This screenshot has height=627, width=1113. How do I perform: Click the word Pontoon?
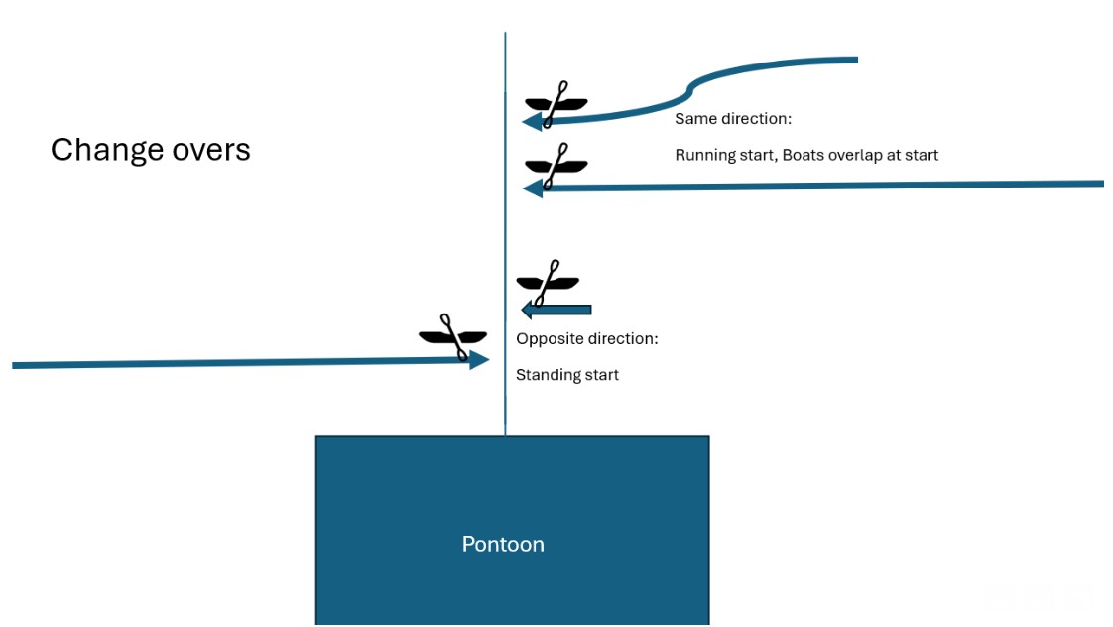click(x=503, y=544)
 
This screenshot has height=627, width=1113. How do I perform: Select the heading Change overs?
click(x=150, y=149)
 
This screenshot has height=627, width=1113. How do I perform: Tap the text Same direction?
click(x=733, y=119)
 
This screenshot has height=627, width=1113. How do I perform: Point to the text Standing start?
click(x=567, y=375)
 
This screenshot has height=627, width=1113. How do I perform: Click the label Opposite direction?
click(x=587, y=339)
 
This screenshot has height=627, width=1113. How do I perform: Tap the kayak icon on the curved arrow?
click(x=556, y=102)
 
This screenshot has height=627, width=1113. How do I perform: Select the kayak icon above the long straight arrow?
click(x=556, y=164)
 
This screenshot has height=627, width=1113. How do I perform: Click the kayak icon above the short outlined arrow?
click(x=548, y=282)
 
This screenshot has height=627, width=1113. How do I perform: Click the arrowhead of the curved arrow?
click(x=532, y=121)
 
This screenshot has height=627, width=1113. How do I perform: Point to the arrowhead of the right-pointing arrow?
click(x=479, y=360)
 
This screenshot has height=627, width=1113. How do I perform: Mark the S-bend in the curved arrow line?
click(x=688, y=92)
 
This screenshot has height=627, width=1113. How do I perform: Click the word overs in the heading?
click(x=212, y=149)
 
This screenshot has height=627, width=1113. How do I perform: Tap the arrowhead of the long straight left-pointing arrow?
click(x=533, y=188)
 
